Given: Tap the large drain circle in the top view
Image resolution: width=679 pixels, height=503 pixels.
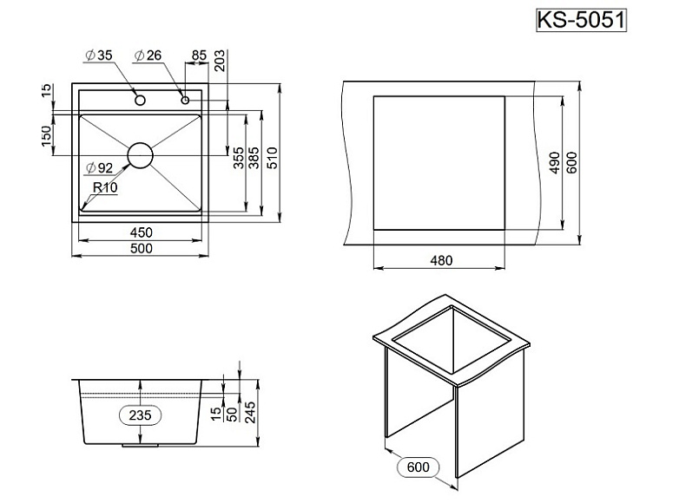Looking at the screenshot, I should [140, 155].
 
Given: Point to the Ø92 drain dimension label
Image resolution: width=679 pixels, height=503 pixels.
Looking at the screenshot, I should [100, 168].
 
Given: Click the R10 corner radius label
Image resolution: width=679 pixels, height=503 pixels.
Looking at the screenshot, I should [105, 186].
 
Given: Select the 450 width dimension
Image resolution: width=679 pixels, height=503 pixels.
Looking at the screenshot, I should [142, 232].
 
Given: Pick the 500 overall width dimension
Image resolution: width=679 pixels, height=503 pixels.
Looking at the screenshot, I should [142, 249].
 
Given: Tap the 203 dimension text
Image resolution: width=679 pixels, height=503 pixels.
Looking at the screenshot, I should [220, 60].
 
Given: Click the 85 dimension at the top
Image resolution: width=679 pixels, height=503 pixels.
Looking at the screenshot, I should [198, 56].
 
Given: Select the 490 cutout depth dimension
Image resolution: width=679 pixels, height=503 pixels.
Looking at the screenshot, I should [554, 164].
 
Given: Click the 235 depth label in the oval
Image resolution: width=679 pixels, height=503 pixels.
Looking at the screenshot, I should [140, 415].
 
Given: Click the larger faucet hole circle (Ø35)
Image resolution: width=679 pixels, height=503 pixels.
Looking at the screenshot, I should [139, 101].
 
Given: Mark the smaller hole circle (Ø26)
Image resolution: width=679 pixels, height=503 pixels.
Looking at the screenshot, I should [185, 101].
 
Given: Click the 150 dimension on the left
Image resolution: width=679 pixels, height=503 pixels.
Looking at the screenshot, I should [46, 135].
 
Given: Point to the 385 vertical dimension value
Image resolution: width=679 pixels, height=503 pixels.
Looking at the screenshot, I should [254, 158].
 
